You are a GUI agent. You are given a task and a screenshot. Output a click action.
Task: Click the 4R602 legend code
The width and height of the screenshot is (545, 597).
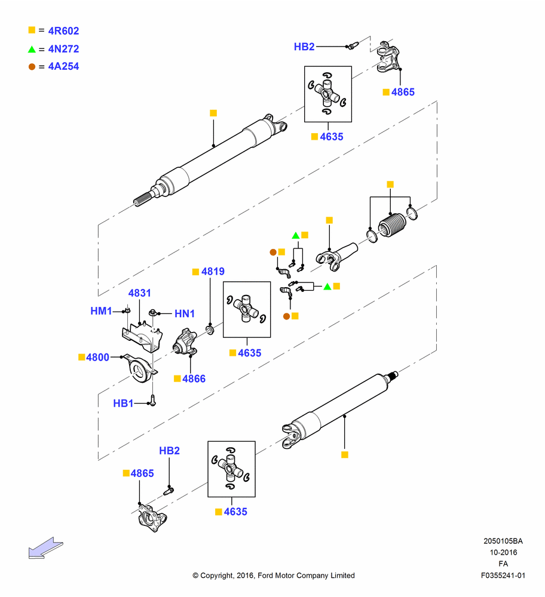(x=63, y=31)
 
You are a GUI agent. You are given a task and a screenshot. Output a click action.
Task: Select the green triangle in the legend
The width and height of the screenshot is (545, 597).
(x=32, y=49)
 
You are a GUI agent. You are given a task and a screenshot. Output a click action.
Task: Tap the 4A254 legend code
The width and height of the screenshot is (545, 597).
(x=63, y=66)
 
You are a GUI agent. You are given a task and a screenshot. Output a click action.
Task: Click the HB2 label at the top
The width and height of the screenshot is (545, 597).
(x=304, y=47)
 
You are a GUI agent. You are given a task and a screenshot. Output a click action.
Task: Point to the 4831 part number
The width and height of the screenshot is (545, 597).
(x=139, y=293)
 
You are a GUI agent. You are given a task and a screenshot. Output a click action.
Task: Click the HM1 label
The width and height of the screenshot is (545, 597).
(x=101, y=310)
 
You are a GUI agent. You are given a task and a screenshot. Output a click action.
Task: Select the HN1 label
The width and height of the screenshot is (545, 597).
(x=185, y=313)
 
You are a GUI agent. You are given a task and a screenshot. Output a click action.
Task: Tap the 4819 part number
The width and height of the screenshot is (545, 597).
(x=213, y=271)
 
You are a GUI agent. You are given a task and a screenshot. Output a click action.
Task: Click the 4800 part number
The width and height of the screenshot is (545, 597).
(x=97, y=357)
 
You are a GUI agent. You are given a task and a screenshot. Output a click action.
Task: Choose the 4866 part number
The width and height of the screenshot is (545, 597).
(x=194, y=378)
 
